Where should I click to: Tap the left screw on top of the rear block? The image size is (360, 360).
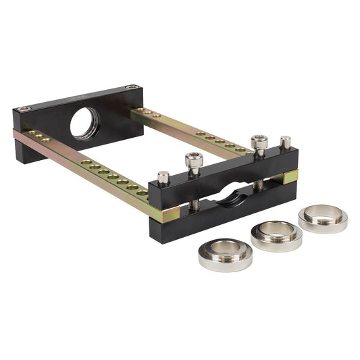pos(26,108)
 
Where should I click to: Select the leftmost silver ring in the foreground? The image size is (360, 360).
pos(225,253)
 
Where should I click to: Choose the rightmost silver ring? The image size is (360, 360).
pos(322,217)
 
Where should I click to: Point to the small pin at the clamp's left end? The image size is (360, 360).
pos(163,178)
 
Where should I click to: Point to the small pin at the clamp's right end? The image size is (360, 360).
pos(285,142)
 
